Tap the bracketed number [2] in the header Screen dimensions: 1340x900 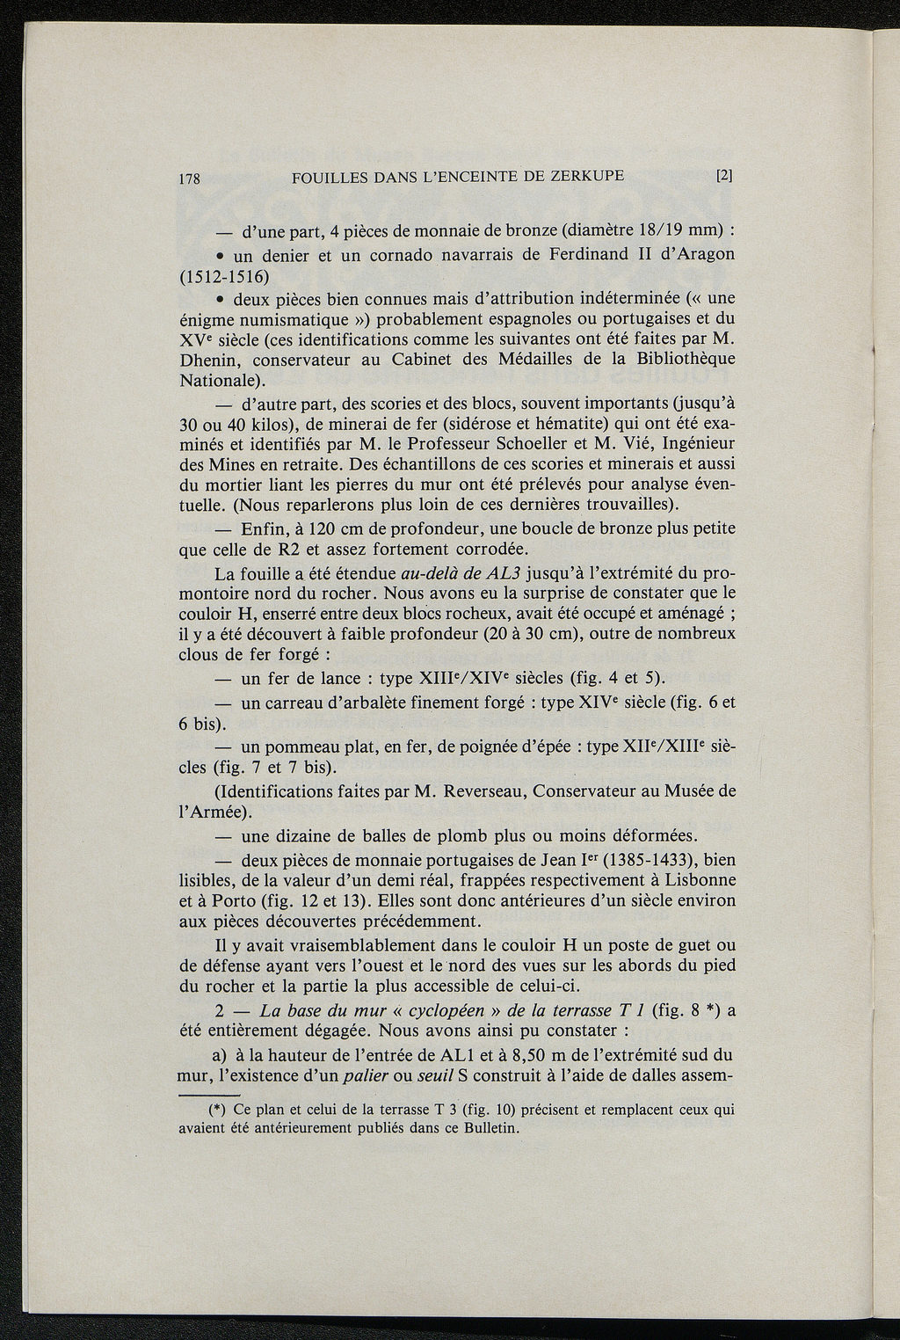725,175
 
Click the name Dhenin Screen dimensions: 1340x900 209,360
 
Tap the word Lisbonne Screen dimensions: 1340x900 694,880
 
